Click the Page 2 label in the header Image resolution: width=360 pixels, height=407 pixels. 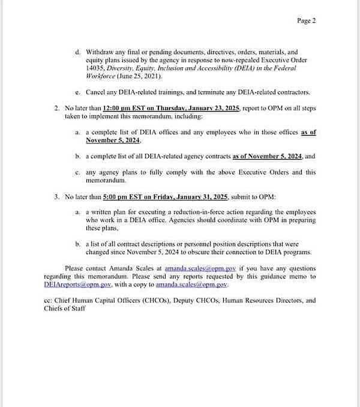(x=306, y=20)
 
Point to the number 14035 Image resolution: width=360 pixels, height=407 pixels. (x=96, y=68)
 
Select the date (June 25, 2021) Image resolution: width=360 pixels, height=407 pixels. (x=139, y=76)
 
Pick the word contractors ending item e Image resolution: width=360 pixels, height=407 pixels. (x=290, y=92)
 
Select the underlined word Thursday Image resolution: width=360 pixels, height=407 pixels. (x=187, y=108)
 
